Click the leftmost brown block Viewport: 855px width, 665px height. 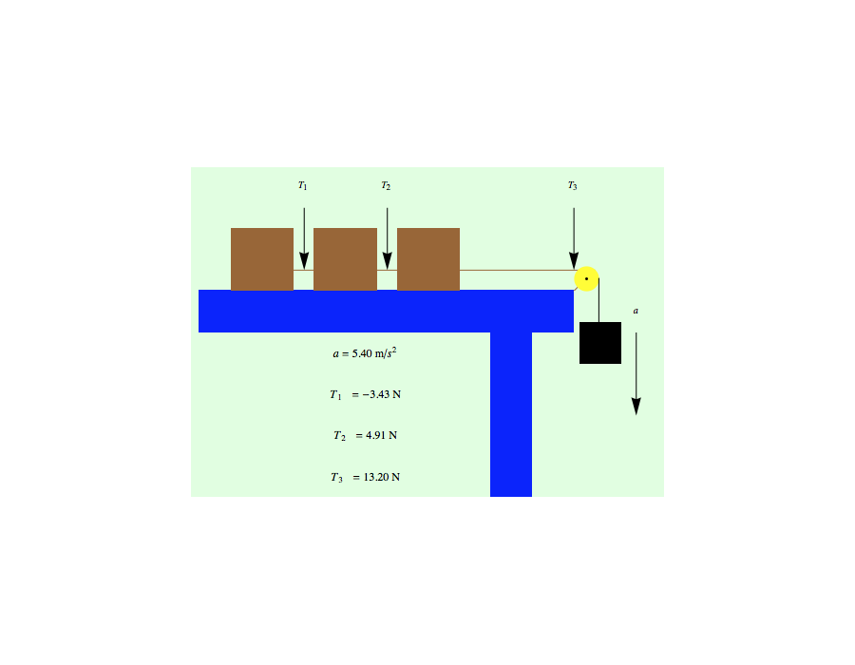(262, 258)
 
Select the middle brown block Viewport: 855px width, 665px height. (345, 258)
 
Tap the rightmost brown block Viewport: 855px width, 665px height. (428, 258)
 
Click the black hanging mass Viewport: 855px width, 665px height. (600, 343)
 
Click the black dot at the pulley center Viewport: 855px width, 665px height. (586, 278)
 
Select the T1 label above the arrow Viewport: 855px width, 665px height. (302, 185)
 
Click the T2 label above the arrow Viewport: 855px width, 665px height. (386, 185)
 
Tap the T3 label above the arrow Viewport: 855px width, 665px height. (572, 185)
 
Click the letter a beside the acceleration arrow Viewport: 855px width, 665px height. (636, 311)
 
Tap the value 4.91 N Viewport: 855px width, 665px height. (381, 436)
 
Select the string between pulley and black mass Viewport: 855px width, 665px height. (598, 302)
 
